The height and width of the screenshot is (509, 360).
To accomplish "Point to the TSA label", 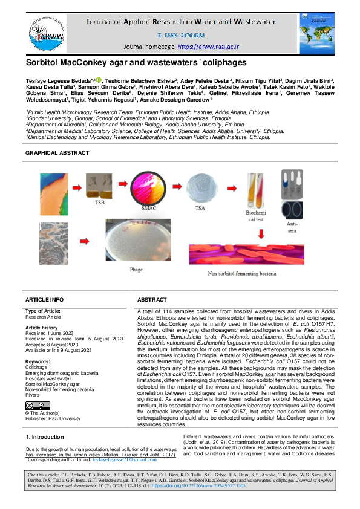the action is [x=199, y=207].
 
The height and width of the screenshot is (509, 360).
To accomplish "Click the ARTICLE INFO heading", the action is [x=44, y=300].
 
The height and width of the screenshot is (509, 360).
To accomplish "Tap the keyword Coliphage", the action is [x=37, y=366].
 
